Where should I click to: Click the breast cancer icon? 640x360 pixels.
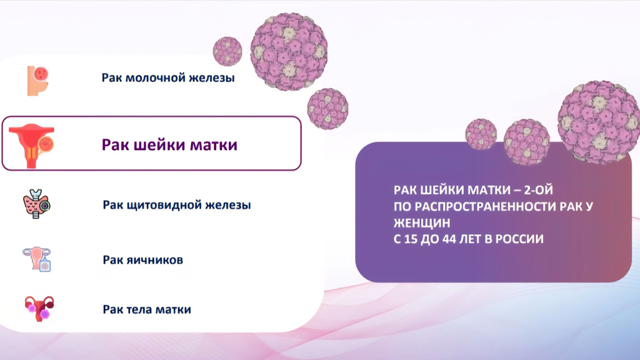tap(38, 81)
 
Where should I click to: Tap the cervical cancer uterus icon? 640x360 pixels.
tap(32, 146)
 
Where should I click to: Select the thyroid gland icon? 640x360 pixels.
tap(36, 204)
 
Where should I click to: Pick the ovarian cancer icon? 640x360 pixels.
tap(37, 259)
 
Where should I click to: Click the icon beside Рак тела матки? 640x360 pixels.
tap(39, 308)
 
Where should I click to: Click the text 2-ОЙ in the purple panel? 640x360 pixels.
tap(538, 190)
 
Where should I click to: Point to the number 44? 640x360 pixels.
tap(449, 239)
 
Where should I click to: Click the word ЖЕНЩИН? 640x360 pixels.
tap(422, 223)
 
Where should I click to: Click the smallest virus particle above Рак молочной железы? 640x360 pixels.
tap(228, 52)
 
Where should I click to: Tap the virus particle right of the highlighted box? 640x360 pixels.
tap(328, 109)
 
